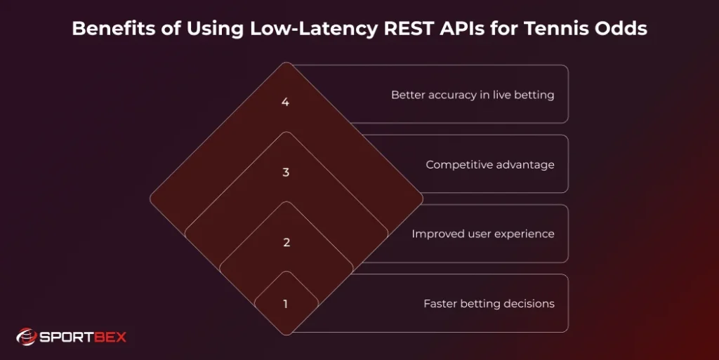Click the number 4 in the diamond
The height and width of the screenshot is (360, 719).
tap(285, 102)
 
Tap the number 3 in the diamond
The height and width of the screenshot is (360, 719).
tap(286, 173)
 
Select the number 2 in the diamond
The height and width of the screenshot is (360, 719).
tap(286, 243)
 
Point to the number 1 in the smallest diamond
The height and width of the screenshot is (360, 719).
tap(285, 305)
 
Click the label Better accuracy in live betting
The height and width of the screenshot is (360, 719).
tap(473, 95)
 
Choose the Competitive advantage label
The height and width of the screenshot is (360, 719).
tap(490, 165)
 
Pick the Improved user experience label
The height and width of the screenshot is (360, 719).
tap(483, 234)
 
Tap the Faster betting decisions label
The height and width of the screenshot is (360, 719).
tap(489, 304)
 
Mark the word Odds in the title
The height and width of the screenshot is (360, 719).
tap(621, 29)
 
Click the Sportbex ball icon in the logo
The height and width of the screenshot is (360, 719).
tap(26, 338)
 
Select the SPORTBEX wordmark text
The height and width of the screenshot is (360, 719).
tap(82, 338)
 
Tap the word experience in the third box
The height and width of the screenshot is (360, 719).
tap(522, 234)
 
